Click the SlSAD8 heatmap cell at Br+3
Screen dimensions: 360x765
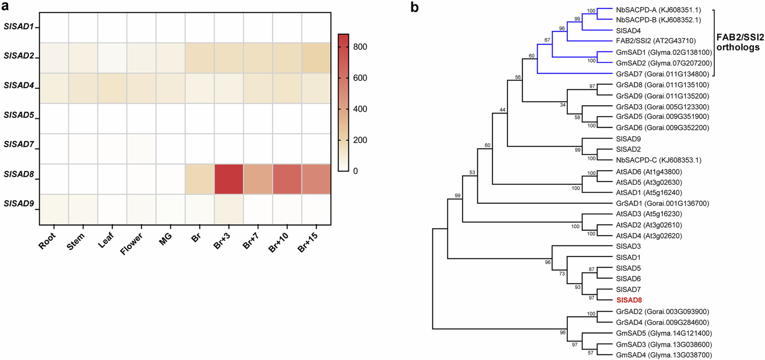[229, 179]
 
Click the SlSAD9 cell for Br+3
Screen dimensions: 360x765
[229, 209]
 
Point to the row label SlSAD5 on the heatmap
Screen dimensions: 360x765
[19, 115]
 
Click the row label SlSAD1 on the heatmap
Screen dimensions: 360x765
[19, 26]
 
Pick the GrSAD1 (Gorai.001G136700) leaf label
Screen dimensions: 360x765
[662, 203]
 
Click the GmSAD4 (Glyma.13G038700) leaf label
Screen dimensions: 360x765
[664, 355]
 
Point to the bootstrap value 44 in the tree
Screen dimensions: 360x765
[502, 110]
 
